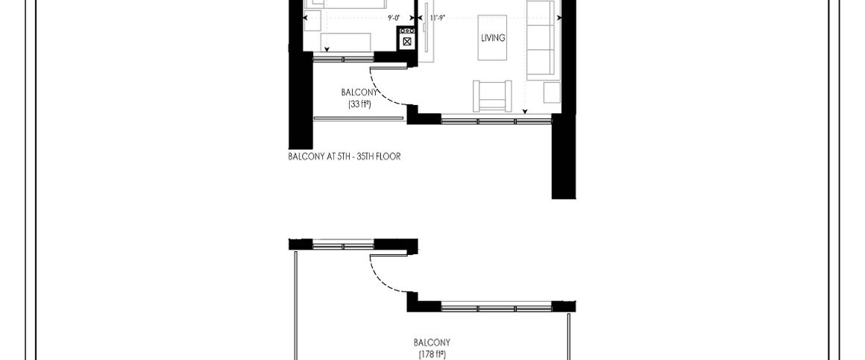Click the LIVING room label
(x=493, y=38)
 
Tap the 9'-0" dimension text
(x=394, y=18)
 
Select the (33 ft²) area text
(x=359, y=104)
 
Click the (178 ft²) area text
(x=432, y=354)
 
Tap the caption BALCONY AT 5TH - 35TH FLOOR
(x=345, y=157)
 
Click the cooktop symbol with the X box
(x=406, y=41)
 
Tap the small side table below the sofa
(x=551, y=92)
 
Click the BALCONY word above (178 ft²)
(x=432, y=343)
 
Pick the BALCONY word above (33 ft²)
(x=359, y=92)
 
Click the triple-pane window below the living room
(x=496, y=119)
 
